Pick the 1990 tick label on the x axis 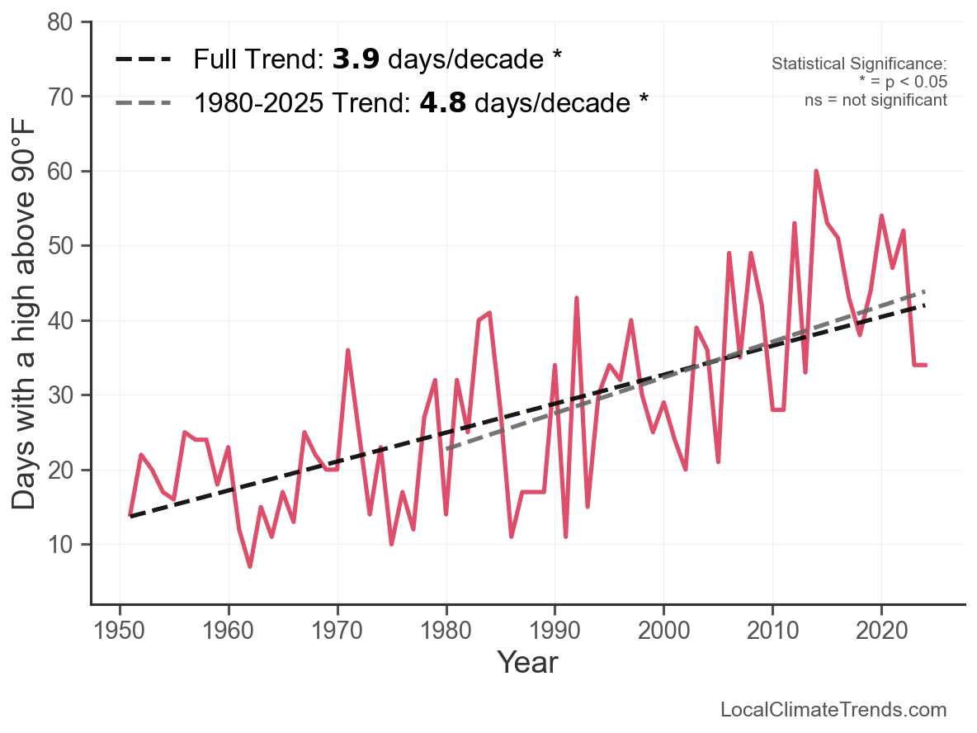point(555,633)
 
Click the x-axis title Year point(527,663)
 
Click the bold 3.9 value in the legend point(356,59)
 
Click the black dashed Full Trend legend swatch point(144,59)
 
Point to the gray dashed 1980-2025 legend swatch point(144,103)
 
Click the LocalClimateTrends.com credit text point(833,710)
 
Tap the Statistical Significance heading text point(859,64)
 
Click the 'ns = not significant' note point(876,100)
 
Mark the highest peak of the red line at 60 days point(816,172)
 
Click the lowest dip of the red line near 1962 point(249,566)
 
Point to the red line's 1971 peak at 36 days point(348,350)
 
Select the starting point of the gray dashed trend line point(446,449)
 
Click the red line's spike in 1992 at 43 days point(576,298)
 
